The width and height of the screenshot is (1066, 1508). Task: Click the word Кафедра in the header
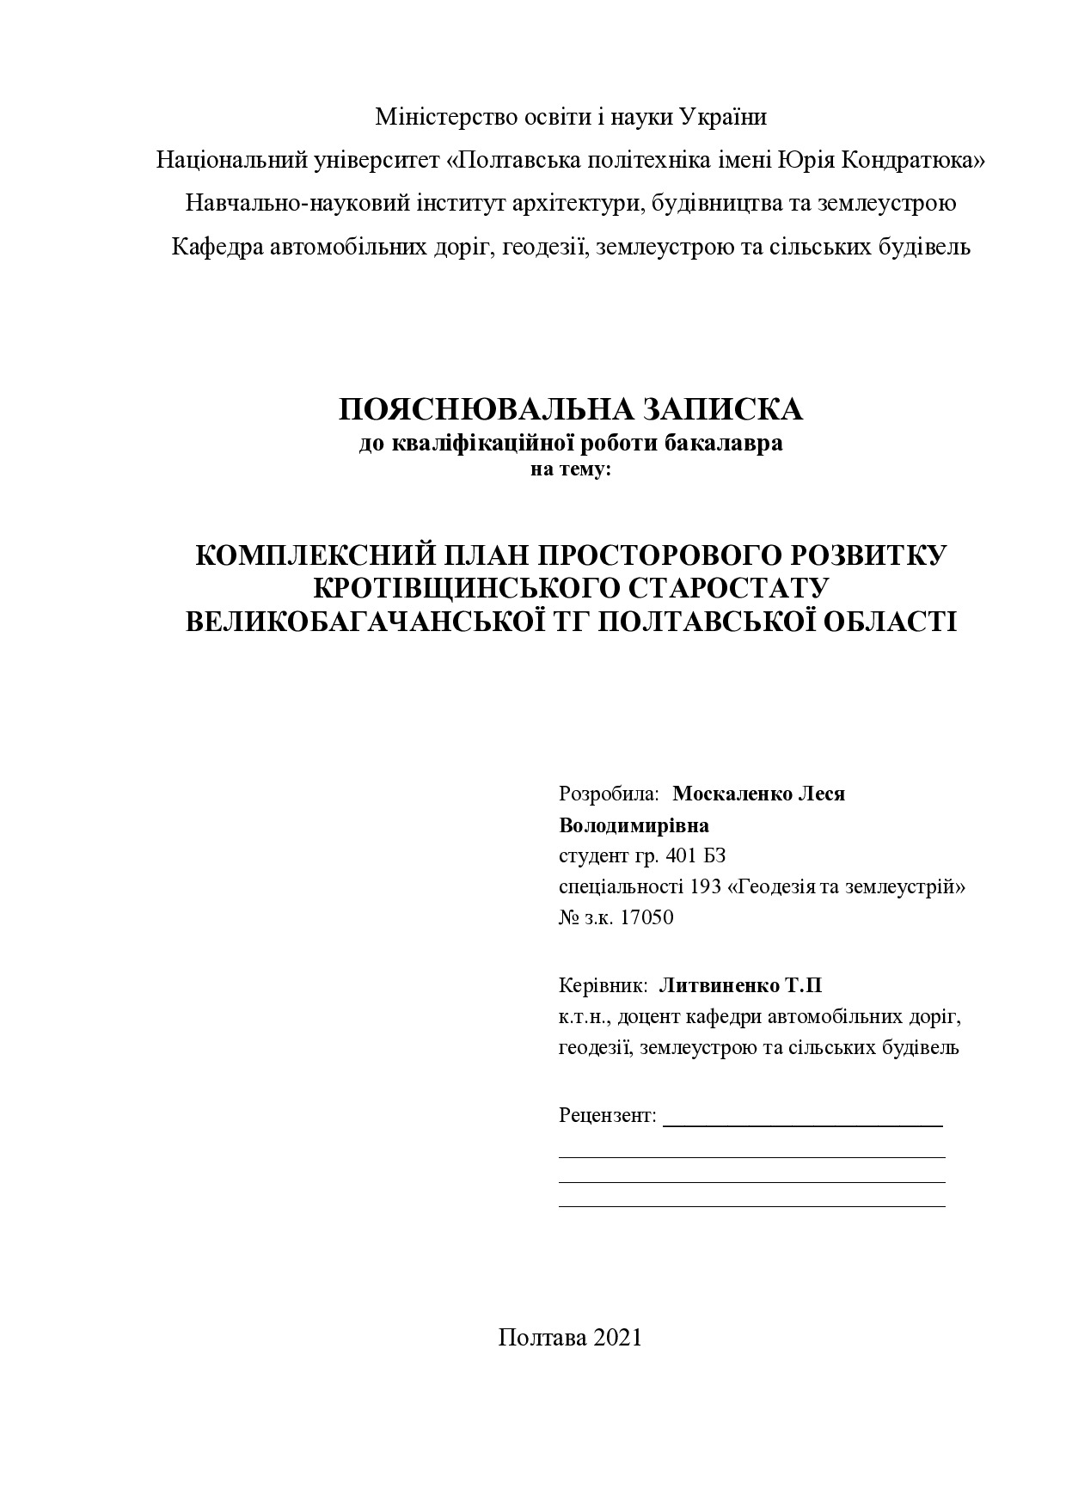coord(217,248)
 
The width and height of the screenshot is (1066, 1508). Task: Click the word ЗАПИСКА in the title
coord(720,409)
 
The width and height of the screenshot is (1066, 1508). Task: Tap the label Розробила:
coord(609,794)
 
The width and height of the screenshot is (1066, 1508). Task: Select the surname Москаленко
coord(732,794)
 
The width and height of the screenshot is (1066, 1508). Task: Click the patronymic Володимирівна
coord(634,825)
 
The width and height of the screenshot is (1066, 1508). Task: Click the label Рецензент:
coord(607,1116)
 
